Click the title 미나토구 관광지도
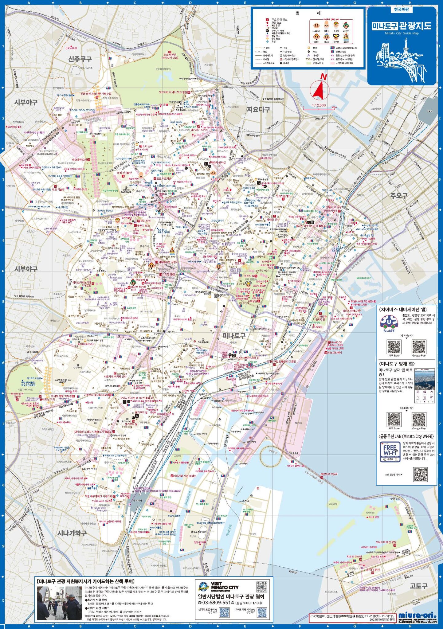(402, 26)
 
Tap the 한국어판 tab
(402, 10)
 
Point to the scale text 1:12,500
(319, 105)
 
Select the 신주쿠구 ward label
(80, 59)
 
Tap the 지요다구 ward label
(258, 109)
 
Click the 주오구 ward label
(399, 195)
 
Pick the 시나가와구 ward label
(72, 533)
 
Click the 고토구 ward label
(418, 586)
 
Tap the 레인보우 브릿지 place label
(329, 474)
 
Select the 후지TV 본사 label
(373, 570)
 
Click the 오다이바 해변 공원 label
(386, 542)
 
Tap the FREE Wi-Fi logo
(390, 451)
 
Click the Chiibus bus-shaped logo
(389, 322)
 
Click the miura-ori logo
(417, 615)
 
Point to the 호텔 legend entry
(273, 41)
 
